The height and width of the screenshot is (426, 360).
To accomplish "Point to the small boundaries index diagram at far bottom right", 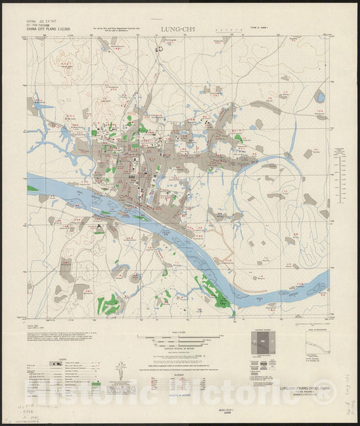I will (315, 345).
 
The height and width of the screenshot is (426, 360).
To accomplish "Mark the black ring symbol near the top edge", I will (161, 48).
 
